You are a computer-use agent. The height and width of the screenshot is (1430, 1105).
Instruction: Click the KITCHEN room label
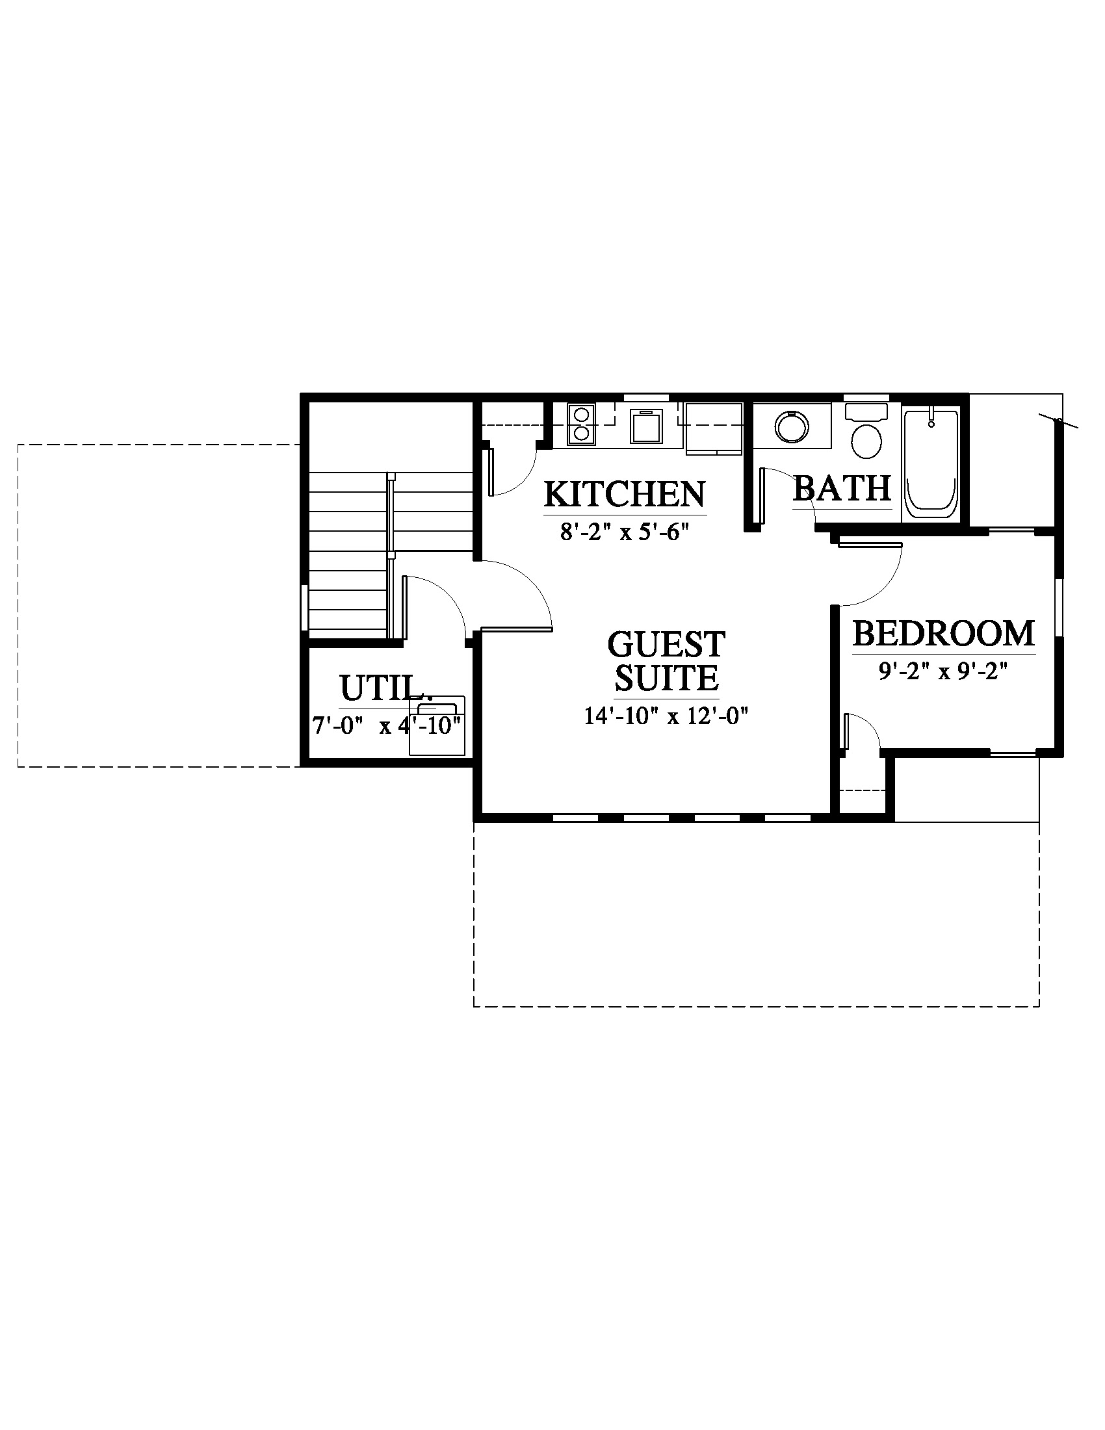[x=625, y=494]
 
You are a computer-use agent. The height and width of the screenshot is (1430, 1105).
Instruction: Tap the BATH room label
[x=842, y=487]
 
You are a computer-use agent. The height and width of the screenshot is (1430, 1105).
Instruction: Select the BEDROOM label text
[x=943, y=633]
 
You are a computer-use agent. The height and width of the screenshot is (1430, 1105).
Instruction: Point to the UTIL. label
[x=385, y=689]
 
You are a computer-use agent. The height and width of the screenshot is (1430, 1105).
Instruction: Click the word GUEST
[x=666, y=644]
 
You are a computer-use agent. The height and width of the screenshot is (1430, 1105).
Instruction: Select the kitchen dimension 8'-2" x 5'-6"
[x=625, y=531]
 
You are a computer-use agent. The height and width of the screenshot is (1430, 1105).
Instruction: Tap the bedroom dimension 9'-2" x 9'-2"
[x=943, y=672]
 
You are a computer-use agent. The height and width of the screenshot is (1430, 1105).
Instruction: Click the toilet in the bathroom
[x=866, y=432]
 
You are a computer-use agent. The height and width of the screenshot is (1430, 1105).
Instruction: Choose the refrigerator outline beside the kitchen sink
[x=714, y=429]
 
